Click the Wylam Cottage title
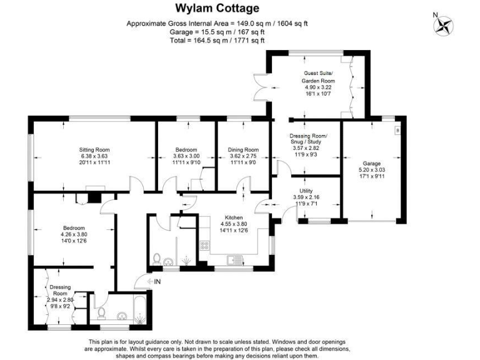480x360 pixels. (216, 8)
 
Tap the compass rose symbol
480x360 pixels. (444, 25)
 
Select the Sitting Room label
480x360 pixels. (94, 149)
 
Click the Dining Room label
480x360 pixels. (243, 149)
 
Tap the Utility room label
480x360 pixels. (306, 191)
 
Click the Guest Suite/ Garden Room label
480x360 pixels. (318, 77)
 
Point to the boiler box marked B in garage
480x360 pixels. (396, 130)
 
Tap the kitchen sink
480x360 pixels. (235, 259)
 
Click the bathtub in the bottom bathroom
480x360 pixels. (132, 309)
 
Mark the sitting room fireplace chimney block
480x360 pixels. (94, 197)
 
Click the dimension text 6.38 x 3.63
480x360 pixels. (94, 156)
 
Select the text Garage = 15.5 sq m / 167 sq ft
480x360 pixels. (217, 31)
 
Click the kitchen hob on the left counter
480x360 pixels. (203, 246)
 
